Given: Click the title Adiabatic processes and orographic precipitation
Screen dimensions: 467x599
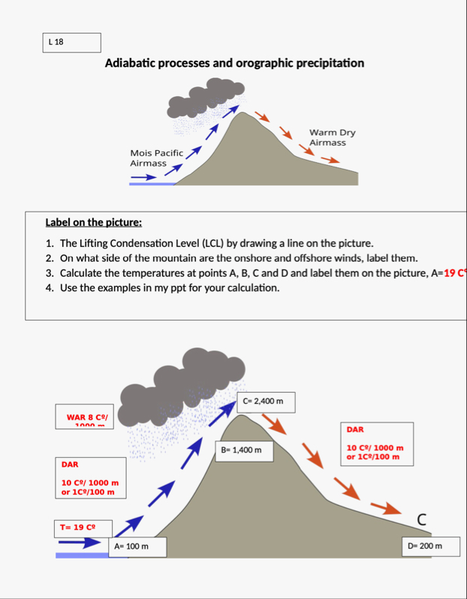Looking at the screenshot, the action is (234, 63).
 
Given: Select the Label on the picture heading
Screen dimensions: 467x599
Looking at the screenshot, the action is (94, 222).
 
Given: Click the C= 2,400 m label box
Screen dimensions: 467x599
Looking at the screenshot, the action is (264, 402).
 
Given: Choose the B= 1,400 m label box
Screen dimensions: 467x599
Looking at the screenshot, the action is (242, 450).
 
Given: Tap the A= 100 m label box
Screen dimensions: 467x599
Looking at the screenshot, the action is (137, 546).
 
